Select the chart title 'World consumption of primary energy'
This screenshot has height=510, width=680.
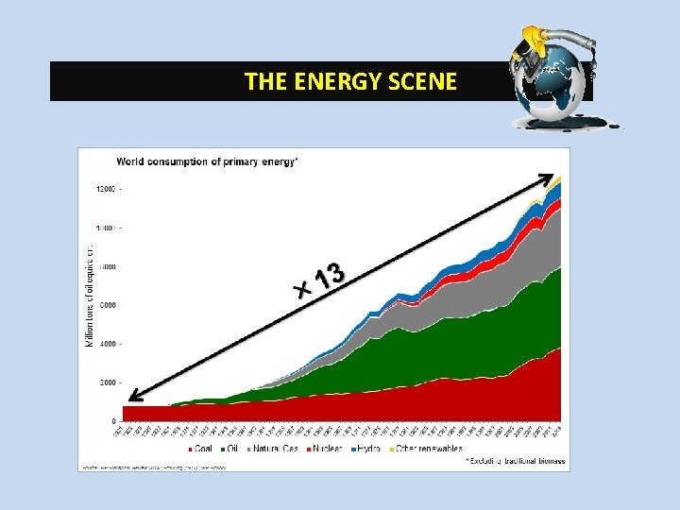point(207,161)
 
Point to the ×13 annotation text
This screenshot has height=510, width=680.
point(322,277)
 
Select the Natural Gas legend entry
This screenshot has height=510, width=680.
point(274,449)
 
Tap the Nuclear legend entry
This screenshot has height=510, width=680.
point(324,449)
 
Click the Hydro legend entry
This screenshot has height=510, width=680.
point(367,449)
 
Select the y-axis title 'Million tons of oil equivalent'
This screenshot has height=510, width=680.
point(90,293)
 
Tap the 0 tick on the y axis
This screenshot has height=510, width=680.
point(114,421)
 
